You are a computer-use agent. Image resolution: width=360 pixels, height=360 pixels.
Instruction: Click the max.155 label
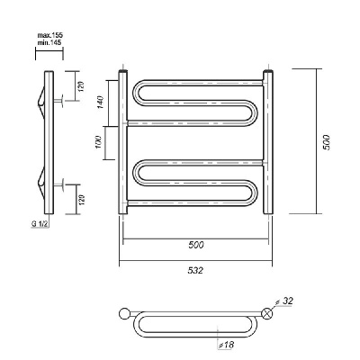[x=49, y=35]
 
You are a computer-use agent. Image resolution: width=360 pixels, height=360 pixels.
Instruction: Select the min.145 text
[x=49, y=42]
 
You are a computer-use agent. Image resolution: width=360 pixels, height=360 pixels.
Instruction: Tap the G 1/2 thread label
[x=40, y=224]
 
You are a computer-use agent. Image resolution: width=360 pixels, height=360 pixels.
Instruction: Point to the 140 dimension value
[x=100, y=103]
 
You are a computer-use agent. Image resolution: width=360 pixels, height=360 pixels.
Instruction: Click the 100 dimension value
[x=99, y=143]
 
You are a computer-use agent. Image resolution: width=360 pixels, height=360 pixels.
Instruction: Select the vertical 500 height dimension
[x=327, y=142]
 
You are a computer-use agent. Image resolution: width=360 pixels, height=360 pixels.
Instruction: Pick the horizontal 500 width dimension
[x=196, y=245]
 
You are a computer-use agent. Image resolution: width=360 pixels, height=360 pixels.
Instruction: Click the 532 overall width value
[x=195, y=270]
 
